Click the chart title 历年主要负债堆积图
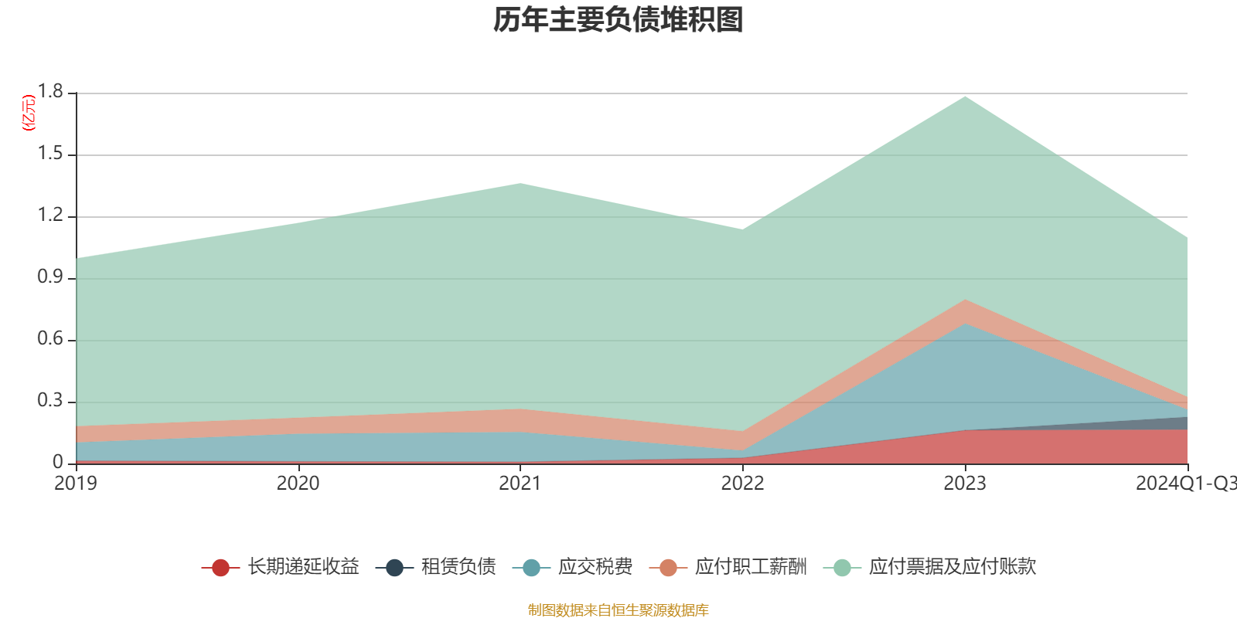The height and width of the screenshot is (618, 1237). pos(618,20)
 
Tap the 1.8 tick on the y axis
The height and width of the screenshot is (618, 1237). pos(51,92)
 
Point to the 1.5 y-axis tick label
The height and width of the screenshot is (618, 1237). pos(51,154)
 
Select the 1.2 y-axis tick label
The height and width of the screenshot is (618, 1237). pos(51,216)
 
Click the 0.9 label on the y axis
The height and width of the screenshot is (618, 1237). pos(51,277)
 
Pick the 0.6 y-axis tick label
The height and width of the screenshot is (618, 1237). pos(51,339)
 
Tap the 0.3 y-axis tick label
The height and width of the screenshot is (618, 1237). pos(51,401)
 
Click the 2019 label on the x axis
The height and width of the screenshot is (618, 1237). pos(76,484)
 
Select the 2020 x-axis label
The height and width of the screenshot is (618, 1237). pos(298,484)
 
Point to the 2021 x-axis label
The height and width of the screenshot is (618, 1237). pos(520,484)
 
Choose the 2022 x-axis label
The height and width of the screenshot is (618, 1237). pos(742,484)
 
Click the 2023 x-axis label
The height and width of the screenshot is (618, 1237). pos(964,484)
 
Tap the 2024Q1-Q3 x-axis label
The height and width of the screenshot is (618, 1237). pos(1184,484)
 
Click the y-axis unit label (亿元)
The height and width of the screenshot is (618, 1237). pos(29,113)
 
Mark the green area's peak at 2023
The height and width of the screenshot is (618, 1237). pos(965,97)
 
